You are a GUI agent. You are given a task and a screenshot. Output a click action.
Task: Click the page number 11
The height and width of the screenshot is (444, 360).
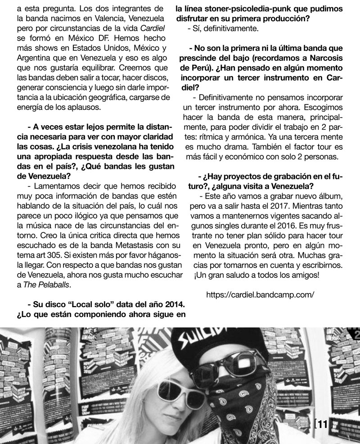[324, 424]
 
